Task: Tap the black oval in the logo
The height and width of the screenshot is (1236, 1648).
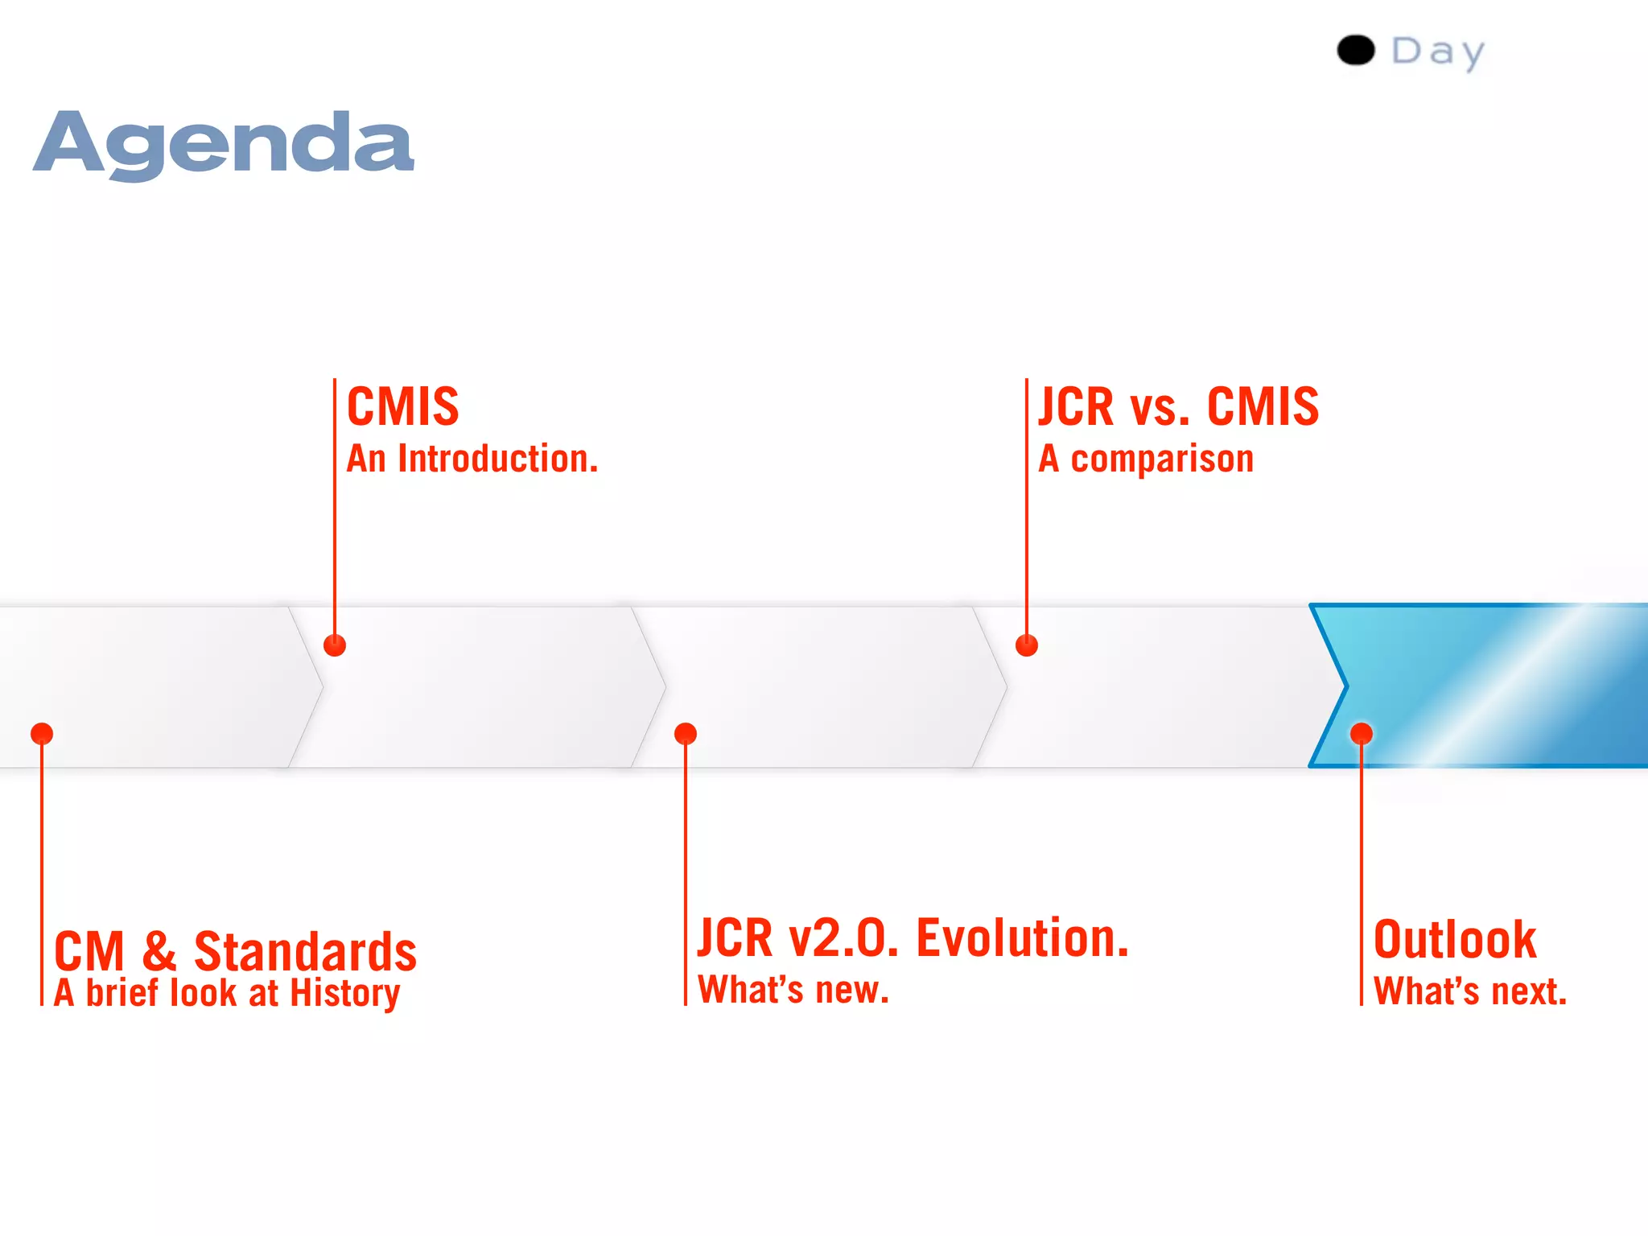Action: point(1355,51)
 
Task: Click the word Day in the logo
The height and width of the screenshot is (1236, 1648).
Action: point(1438,52)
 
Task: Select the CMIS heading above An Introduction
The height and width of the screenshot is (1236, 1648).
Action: point(402,406)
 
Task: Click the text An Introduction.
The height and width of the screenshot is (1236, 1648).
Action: point(472,459)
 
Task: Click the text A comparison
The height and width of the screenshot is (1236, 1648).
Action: point(1146,459)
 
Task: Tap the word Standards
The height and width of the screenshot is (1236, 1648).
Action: point(305,952)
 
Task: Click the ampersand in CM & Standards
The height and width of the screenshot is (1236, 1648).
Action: point(159,952)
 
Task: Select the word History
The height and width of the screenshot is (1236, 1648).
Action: point(344,994)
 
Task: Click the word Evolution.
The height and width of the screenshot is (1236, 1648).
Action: point(1023,938)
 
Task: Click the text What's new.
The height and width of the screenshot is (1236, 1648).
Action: point(793,990)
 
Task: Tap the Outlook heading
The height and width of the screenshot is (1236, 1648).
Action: point(1455,940)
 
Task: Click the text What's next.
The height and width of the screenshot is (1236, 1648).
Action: point(1470,991)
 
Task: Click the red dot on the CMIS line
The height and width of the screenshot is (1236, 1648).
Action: point(335,645)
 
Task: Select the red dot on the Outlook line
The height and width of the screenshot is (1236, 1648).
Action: point(1362,734)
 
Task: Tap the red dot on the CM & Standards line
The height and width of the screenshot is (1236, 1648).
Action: point(42,734)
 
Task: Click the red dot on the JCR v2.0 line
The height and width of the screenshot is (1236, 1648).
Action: point(686,734)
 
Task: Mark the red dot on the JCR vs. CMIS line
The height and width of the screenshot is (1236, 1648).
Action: point(1027,645)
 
